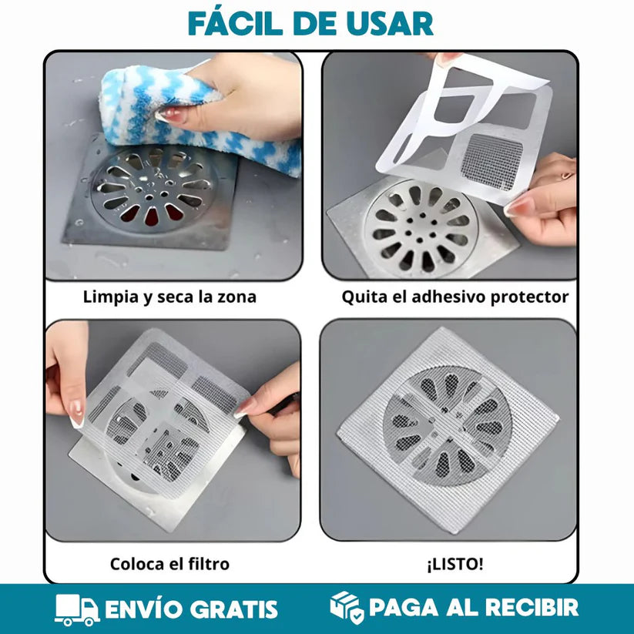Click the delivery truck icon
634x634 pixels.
(76, 609)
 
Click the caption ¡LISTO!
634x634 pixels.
(455, 564)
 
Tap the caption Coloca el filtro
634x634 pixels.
(169, 564)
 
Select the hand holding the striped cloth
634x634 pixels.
(239, 92)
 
